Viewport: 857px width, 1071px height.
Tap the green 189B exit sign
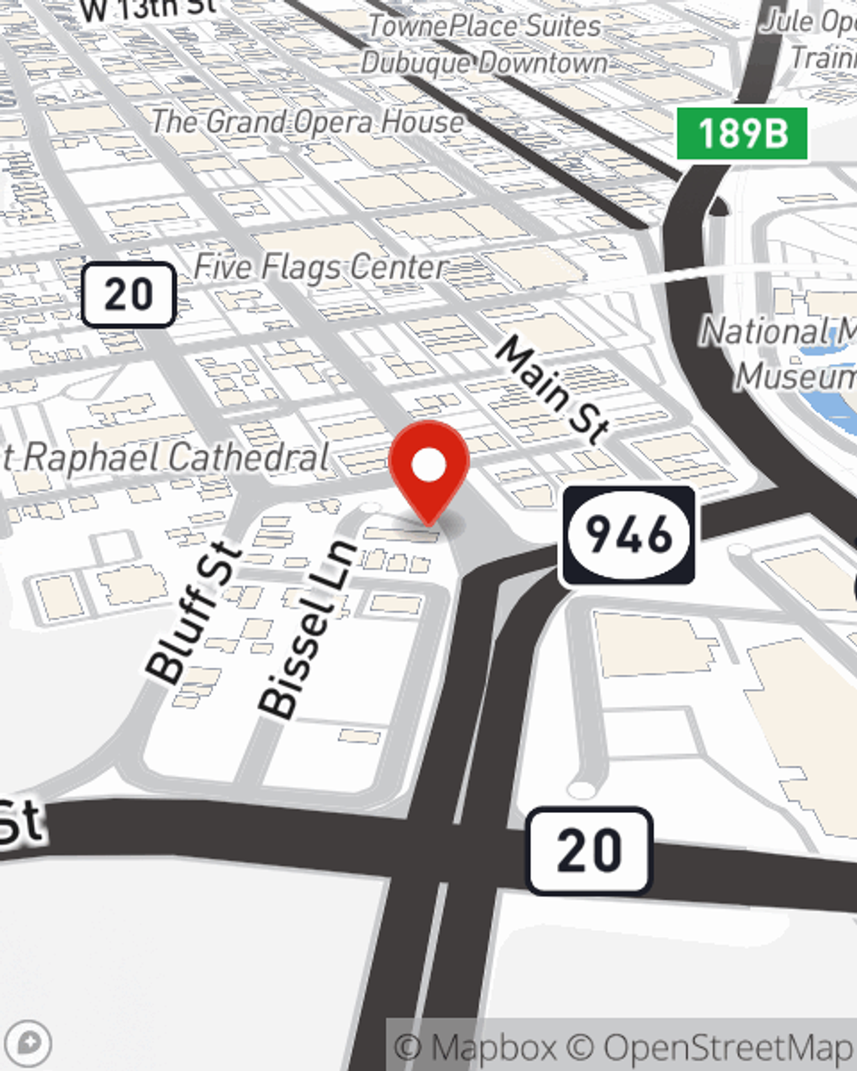pos(742,134)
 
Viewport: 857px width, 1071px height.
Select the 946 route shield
pos(628,535)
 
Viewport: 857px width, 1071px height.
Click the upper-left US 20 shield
pos(129,295)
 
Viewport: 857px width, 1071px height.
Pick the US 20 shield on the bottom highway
pos(590,850)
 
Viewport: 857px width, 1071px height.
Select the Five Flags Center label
pos(321,267)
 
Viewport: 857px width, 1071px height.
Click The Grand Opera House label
pos(308,123)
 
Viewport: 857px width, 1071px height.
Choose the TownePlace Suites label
pos(484,26)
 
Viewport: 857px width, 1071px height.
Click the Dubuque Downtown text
pos(484,63)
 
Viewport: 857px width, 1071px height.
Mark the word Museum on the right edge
pos(797,376)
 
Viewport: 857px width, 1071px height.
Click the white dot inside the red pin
pos(428,465)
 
